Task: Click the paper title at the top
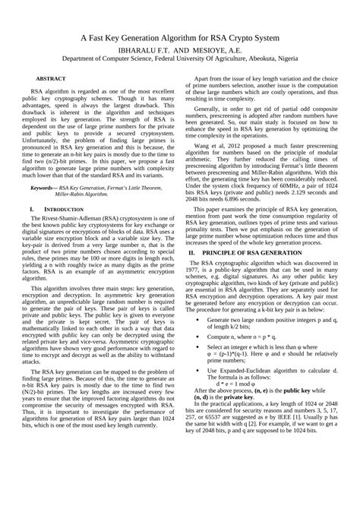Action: pos(180,38)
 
